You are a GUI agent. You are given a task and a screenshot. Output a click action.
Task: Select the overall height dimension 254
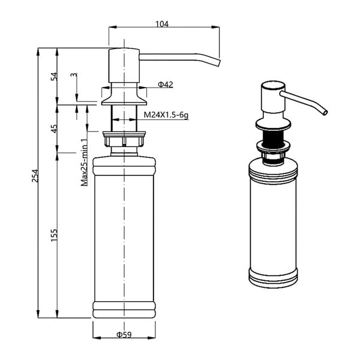pos(35,175)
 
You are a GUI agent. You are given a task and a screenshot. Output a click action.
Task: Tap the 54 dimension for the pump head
pos(53,76)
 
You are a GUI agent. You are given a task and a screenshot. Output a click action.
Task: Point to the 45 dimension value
pos(53,128)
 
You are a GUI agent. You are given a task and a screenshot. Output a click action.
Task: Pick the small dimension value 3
pos(73,76)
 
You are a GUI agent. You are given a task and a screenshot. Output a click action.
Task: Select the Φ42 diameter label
pos(166,85)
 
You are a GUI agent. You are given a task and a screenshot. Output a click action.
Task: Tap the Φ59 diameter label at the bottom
pos(124,334)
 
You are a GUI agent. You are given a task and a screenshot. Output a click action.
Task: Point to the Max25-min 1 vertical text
pos(85,162)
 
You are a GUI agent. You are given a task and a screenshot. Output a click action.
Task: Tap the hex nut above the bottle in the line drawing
pos(124,141)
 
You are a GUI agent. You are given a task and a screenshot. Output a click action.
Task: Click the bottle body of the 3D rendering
pos(274,222)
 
